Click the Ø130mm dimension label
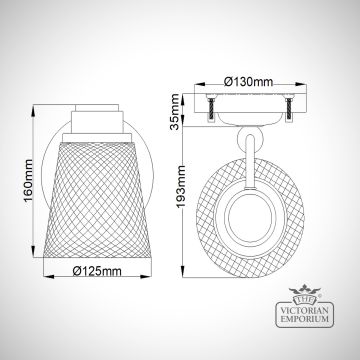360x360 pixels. (248, 82)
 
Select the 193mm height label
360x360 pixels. (181, 187)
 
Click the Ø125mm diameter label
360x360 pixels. (97, 271)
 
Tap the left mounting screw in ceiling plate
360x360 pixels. (211, 108)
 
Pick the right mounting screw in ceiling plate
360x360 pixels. (289, 108)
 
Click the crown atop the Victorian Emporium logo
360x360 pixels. (305, 289)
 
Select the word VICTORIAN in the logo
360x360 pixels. (305, 310)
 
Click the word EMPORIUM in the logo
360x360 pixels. (305, 319)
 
